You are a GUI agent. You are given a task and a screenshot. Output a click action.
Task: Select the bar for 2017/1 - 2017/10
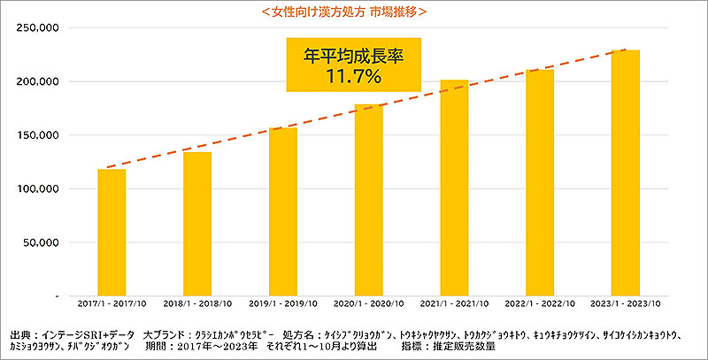tap(112, 232)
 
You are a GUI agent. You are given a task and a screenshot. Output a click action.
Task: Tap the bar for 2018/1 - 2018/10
tap(197, 224)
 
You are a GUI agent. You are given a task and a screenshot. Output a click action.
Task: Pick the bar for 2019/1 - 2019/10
tap(283, 213)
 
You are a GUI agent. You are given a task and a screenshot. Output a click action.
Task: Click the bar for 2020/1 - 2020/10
tap(368, 200)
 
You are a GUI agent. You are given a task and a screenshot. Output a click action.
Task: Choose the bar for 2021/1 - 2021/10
tap(454, 188)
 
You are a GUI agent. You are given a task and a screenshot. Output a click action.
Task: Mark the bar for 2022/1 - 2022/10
tap(540, 182)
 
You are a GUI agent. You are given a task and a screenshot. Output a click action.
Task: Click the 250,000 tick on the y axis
tap(38, 28)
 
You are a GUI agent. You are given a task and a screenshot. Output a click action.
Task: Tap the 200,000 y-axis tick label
tap(38, 81)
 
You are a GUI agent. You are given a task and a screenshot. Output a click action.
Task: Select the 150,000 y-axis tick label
tap(38, 135)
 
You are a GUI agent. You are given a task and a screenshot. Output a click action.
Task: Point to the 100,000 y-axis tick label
tap(38, 189)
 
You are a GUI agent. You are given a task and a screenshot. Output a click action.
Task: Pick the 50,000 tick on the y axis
tap(41, 242)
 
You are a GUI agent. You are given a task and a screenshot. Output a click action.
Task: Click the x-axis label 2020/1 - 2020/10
tap(368, 304)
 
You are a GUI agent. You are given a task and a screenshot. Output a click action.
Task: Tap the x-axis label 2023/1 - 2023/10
tap(626, 304)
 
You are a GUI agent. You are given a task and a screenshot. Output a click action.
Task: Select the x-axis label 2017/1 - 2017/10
tap(112, 304)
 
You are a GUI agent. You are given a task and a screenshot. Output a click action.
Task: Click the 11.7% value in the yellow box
tap(352, 78)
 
